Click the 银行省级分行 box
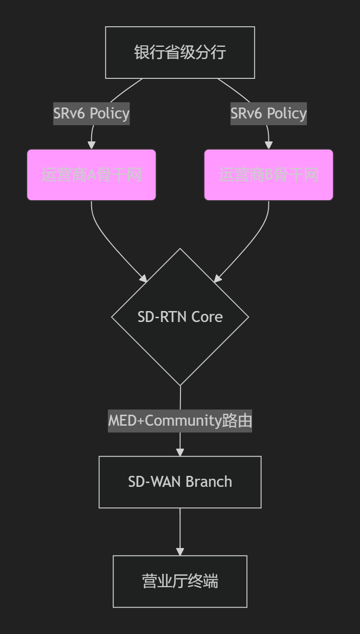[x=180, y=53]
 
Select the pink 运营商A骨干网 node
[x=91, y=175]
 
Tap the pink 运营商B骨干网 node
[x=268, y=175]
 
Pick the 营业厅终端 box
[x=180, y=581]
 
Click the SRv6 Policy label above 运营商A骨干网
[x=91, y=114]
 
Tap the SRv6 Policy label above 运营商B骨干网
[x=268, y=114]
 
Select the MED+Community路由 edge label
[x=180, y=421]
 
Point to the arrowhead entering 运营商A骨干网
[x=91, y=145]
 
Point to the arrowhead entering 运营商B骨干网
[x=268, y=145]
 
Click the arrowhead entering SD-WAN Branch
[x=180, y=452]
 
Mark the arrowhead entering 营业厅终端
[x=180, y=551]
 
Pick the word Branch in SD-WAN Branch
[x=209, y=482]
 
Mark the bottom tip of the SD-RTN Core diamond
[x=180, y=385]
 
